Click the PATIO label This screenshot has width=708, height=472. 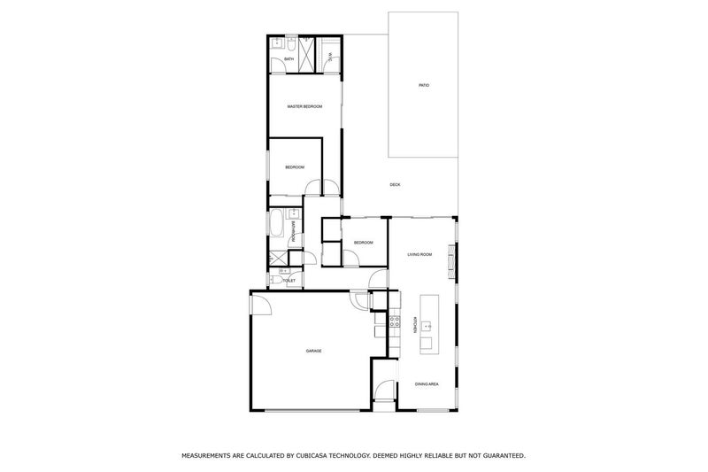coord(423,85)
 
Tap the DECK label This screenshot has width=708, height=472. coord(395,184)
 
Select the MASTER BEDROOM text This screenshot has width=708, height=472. coord(304,107)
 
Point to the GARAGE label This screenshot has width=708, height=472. coord(313,351)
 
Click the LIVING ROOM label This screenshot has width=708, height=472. coord(419,255)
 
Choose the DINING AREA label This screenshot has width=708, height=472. coord(427,383)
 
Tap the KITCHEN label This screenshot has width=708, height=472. coord(412,324)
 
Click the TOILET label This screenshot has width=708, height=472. coord(289,280)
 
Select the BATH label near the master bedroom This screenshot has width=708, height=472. coord(277,59)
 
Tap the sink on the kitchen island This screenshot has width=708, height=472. coord(428,324)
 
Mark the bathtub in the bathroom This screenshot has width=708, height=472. coord(276,225)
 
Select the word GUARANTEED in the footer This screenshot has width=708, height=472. coord(499,455)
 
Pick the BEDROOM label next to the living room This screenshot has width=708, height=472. coord(363,243)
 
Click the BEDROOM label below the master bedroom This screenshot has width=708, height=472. coord(295,167)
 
